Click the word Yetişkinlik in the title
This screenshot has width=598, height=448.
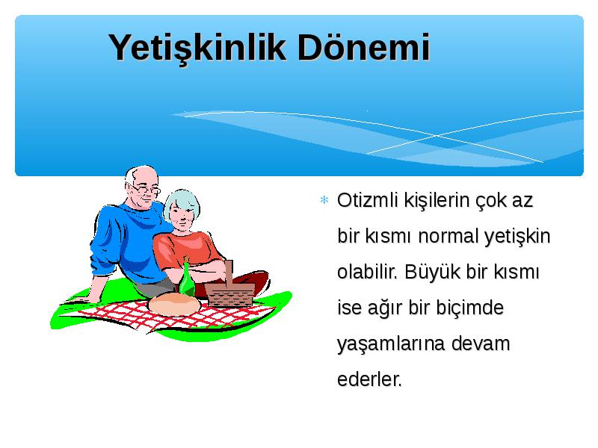(197, 49)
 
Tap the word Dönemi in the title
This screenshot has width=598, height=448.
(364, 47)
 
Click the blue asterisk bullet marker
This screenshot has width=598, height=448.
(324, 199)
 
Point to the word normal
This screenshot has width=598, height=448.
(448, 236)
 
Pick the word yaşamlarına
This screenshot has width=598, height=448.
(391, 344)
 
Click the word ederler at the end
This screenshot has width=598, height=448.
(369, 379)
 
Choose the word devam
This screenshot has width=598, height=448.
(481, 343)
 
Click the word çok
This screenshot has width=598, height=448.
(490, 201)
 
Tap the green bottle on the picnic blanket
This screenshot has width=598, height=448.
(187, 277)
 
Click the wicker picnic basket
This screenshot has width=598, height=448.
(230, 288)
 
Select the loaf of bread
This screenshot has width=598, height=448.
(174, 304)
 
